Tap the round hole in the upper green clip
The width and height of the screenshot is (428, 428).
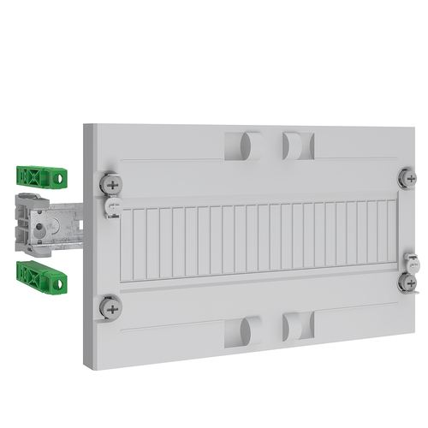point(59,179)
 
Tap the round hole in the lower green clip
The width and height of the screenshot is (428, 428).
point(59,278)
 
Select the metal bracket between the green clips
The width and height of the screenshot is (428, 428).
point(60,224)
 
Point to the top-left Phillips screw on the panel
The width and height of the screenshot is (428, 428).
point(110,184)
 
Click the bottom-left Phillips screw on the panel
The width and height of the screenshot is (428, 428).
point(110,305)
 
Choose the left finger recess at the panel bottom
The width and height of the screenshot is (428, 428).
point(244,331)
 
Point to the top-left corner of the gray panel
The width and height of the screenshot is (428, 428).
point(86,126)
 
